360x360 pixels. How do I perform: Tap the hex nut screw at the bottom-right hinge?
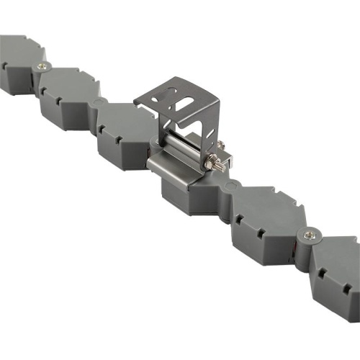(x=310, y=233)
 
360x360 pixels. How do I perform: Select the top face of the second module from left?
(x=68, y=83)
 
